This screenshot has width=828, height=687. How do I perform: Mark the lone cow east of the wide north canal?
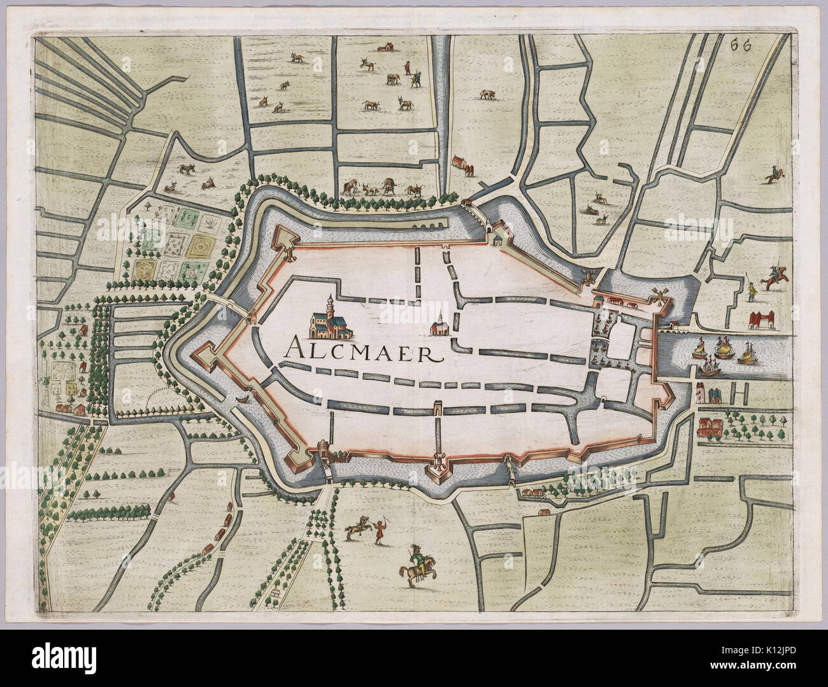[486, 94]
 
